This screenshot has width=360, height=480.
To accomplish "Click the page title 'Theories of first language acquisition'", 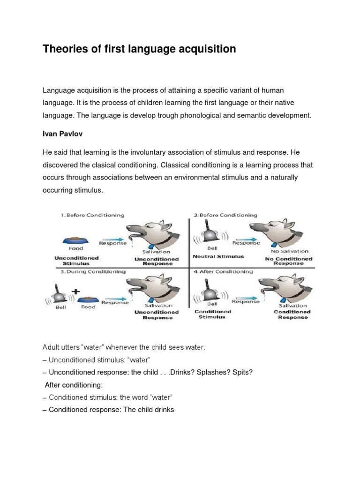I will [x=139, y=49].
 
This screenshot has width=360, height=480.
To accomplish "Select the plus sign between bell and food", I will [x=74, y=291].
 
